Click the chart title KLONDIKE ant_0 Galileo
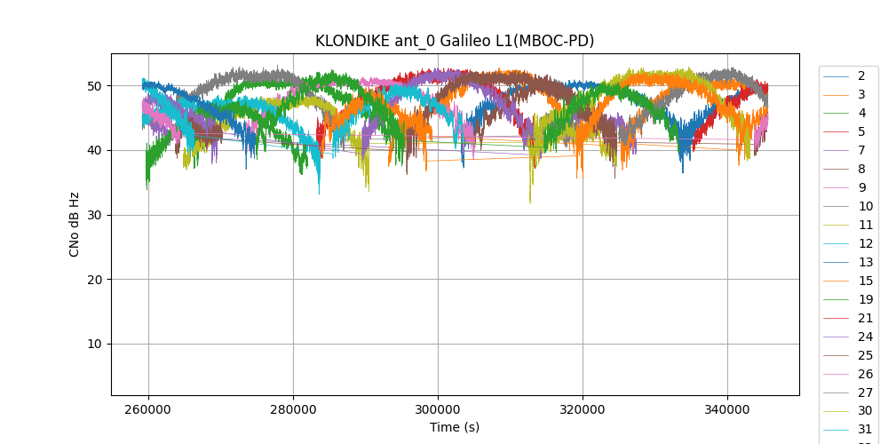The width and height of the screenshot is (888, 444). point(455,41)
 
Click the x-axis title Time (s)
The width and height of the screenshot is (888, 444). point(455,427)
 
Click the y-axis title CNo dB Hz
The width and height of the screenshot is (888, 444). point(75,225)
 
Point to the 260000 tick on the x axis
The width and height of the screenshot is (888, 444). point(148,411)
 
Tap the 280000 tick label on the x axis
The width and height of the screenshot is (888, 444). point(293,411)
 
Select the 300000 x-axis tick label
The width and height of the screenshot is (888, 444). point(438,411)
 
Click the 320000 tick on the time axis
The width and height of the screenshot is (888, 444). point(583,411)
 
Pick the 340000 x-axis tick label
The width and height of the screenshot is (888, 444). point(727,411)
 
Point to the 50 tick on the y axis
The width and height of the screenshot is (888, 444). point(94,86)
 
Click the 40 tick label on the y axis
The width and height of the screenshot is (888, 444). point(94,151)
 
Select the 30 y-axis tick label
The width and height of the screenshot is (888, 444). point(94,215)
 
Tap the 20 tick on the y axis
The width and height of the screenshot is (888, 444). point(94,280)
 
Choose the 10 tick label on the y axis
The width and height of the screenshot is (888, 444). point(94,345)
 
